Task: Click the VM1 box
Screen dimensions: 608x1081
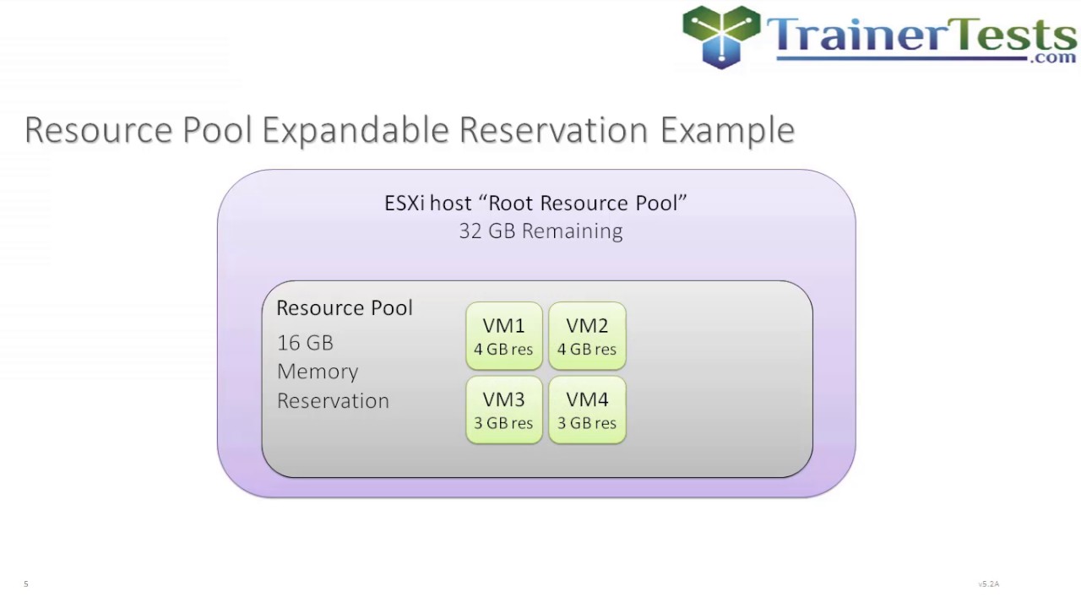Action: (503, 336)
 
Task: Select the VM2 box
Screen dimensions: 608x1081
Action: (587, 336)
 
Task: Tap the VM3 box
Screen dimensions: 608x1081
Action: (503, 410)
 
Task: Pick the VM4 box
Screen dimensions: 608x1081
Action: (587, 410)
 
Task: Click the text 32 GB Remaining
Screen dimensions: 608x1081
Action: (540, 231)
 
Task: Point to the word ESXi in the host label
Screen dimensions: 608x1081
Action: (405, 204)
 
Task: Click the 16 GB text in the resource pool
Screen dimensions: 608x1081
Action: (305, 343)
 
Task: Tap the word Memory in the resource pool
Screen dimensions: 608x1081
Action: (318, 372)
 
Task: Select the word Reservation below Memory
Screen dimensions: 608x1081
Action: (333, 401)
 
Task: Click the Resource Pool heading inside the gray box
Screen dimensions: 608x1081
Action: (345, 308)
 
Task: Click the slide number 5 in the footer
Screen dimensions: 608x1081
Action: (26, 584)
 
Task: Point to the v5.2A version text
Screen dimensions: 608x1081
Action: (988, 584)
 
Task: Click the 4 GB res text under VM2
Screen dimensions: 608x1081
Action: (587, 350)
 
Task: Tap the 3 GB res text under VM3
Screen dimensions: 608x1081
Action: (503, 424)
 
